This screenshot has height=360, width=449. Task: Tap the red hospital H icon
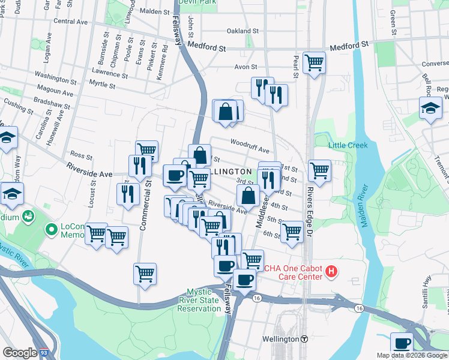[x=330, y=273]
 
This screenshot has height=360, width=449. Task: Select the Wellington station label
[x=280, y=339]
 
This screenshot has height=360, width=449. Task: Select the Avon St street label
[x=246, y=67]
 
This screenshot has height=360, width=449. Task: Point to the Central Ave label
[x=71, y=21]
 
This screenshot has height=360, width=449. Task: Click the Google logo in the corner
[x=19, y=353]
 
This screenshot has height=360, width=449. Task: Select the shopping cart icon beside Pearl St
[x=314, y=62]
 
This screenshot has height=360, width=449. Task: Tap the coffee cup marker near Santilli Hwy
[x=402, y=343]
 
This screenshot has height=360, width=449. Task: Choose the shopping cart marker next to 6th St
[x=292, y=230]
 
